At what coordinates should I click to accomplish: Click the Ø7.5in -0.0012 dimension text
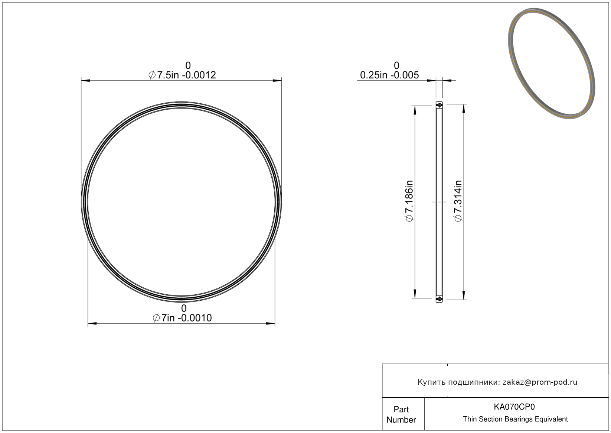pos(182,75)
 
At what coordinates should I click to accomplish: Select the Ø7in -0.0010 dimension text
pos(182,318)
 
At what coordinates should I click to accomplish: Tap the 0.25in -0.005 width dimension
pos(389,75)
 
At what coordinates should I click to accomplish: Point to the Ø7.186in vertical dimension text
pos(409,201)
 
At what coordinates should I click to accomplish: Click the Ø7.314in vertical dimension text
pos(458,201)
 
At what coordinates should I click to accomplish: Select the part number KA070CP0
pos(514,407)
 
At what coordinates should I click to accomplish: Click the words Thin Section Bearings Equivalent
pos(515,419)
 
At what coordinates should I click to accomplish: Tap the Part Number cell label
pos(401,414)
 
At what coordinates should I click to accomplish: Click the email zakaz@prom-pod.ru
pos(540,382)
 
